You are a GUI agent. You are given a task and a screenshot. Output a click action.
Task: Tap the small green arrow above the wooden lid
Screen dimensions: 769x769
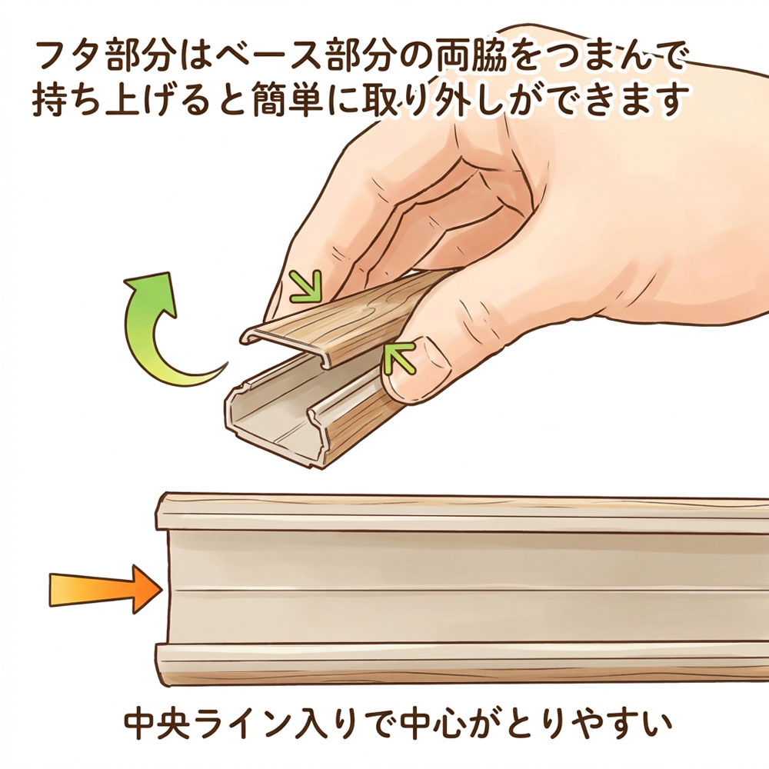(306, 286)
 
